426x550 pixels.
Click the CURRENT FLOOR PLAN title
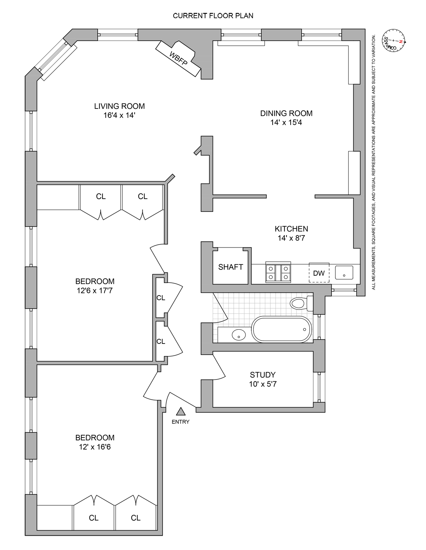[213, 16]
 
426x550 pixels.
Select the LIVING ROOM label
[119, 106]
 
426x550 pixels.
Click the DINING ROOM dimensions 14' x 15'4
[286, 122]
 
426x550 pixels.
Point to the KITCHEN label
[291, 229]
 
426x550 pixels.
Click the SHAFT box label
[230, 267]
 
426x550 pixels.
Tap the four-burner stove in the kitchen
[278, 273]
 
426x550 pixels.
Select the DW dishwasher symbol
[319, 273]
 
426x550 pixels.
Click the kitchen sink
[344, 272]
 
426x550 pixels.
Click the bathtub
[281, 329]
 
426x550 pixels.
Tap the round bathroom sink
[239, 334]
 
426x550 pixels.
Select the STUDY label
[263, 375]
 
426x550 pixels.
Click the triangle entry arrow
[180, 412]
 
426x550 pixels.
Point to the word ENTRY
[181, 422]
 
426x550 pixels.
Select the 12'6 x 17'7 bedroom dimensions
[95, 291]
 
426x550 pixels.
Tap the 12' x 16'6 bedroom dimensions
[95, 447]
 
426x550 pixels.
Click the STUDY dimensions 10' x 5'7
[263, 384]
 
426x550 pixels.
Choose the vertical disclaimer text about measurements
[374, 161]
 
